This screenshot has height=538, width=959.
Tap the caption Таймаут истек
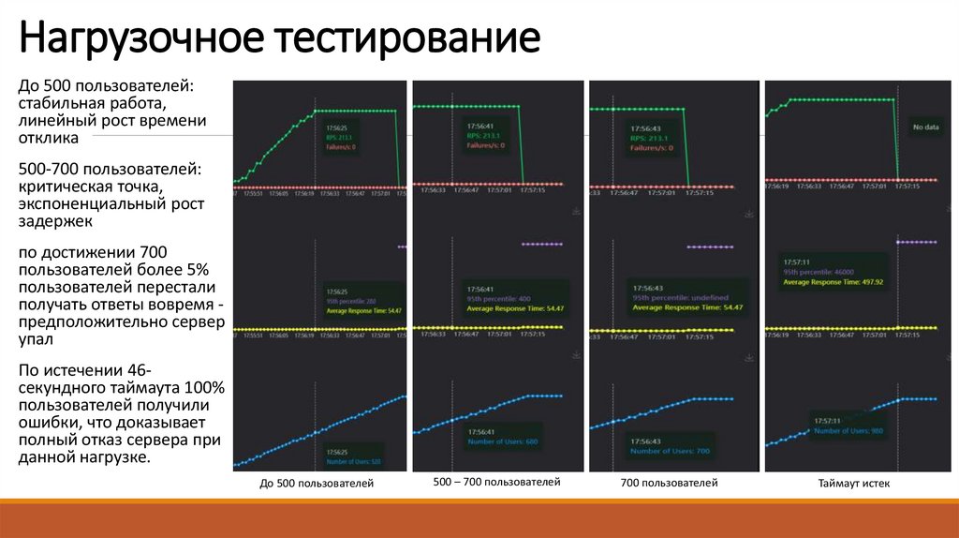(x=853, y=484)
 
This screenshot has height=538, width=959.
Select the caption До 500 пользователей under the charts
(x=317, y=484)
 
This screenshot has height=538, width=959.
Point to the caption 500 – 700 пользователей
(x=496, y=482)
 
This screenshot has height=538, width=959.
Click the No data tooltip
(x=925, y=127)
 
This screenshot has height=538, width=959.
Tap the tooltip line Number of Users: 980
(x=848, y=430)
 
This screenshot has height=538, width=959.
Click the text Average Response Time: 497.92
(x=834, y=281)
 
